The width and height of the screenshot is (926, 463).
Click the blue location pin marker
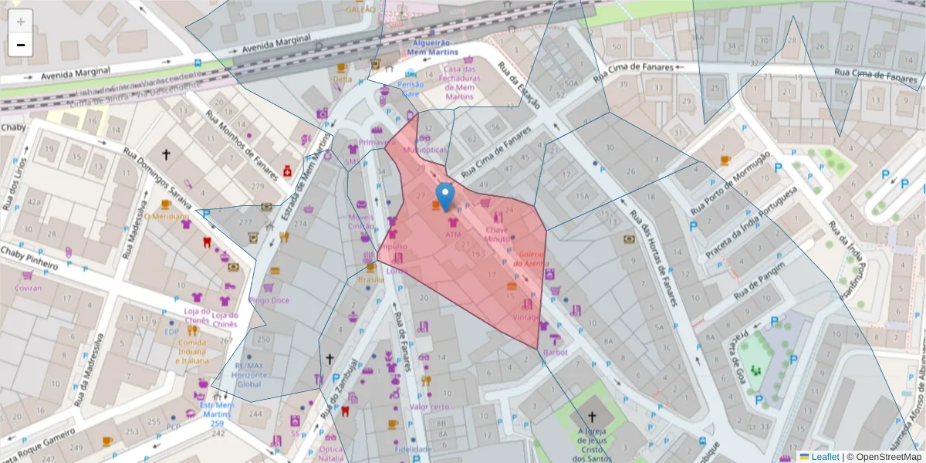tap(444, 195)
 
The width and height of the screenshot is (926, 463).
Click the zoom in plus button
tap(21, 21)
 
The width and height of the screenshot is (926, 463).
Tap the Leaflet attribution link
tap(819, 457)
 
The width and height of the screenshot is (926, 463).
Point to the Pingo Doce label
tap(269, 300)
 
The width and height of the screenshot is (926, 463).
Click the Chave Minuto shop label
tap(496, 235)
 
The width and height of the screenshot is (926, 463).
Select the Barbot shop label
tap(555, 353)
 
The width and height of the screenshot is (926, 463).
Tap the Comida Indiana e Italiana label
tap(191, 351)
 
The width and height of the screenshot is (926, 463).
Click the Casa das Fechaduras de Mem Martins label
tap(459, 83)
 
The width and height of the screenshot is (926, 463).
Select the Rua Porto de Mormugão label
tap(731, 183)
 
